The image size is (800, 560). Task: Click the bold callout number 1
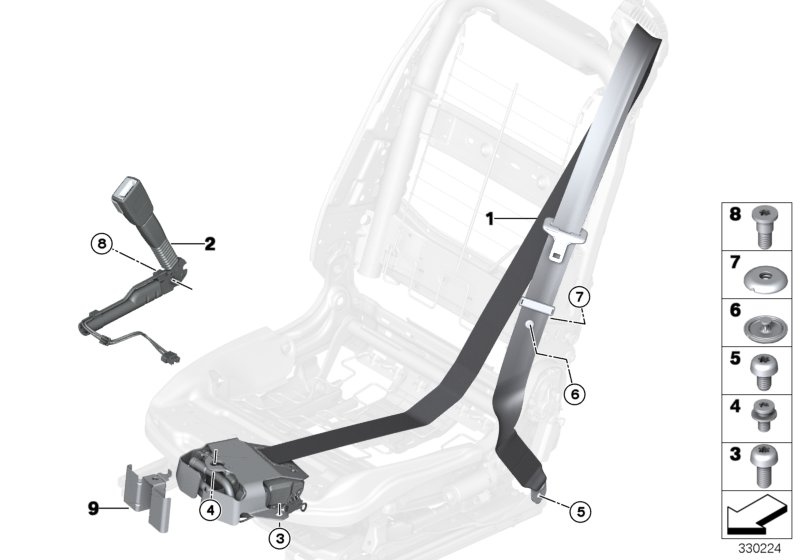click(490, 217)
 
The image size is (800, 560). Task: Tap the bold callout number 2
click(211, 242)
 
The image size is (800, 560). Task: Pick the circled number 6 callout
click(572, 394)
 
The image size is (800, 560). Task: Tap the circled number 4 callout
click(209, 510)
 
